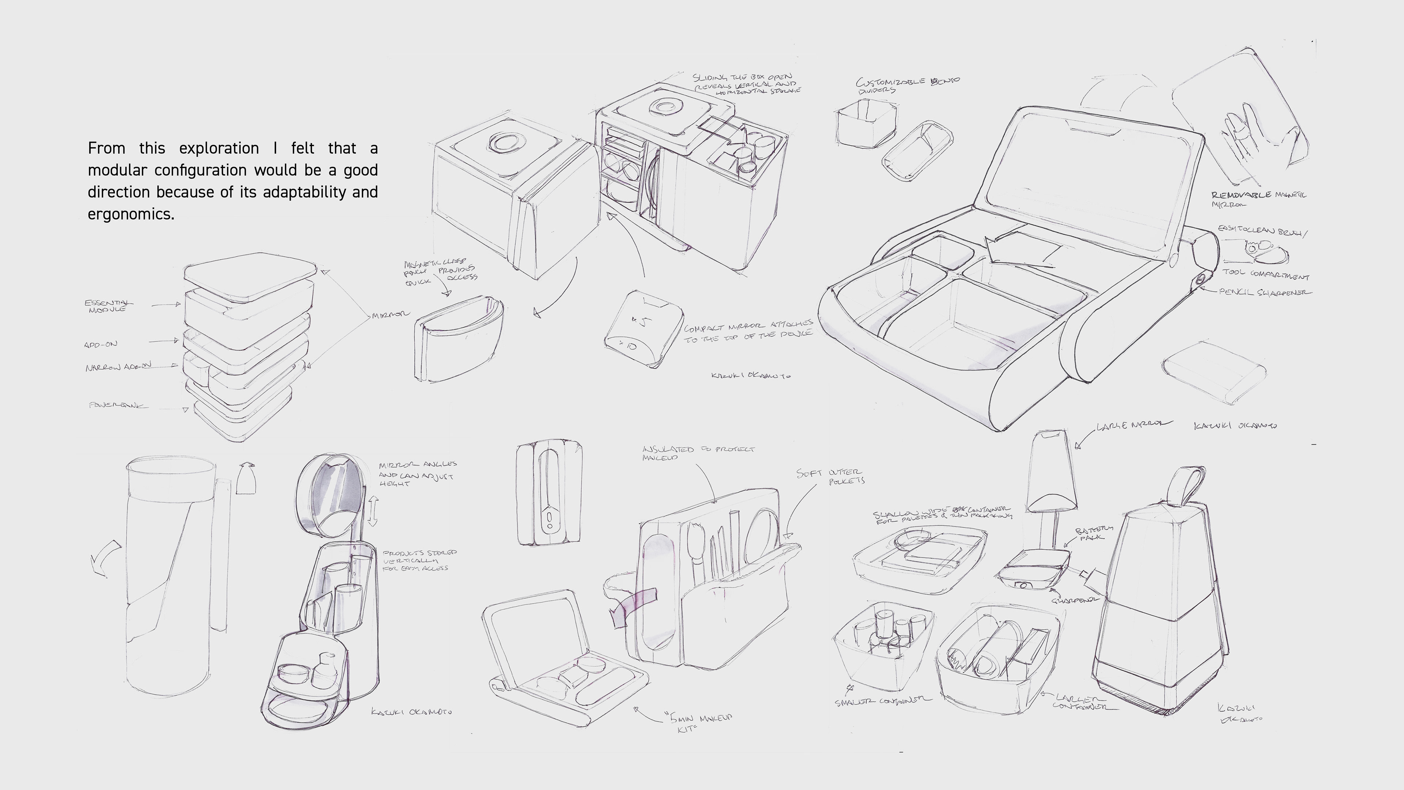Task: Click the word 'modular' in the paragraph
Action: tap(117, 170)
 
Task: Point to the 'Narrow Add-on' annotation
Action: tap(118, 367)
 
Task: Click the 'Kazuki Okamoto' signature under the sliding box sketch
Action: tap(751, 375)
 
